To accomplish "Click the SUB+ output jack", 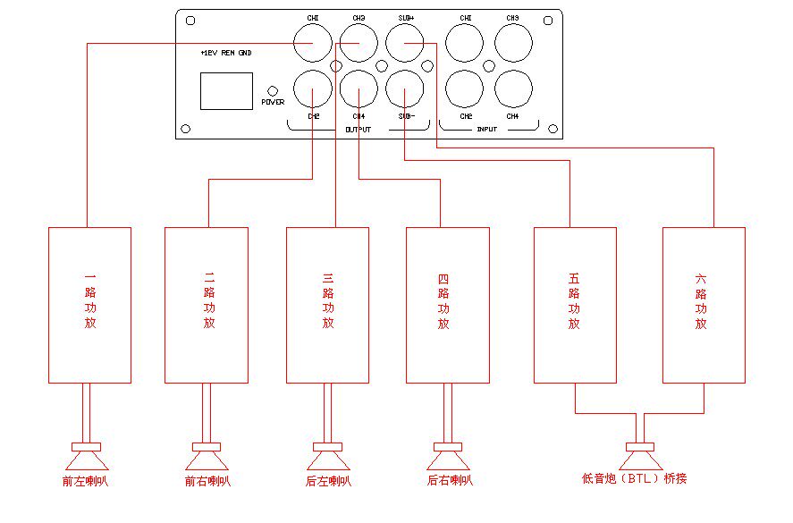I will (404, 43).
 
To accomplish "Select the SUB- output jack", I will (404, 89).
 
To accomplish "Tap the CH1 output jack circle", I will (313, 43).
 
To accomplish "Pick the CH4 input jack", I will (513, 89).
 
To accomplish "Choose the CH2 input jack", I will (465, 89).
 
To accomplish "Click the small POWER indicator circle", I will (273, 90).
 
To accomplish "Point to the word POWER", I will (273, 102).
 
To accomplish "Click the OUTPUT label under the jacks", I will (358, 130).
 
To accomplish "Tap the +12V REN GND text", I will (226, 54).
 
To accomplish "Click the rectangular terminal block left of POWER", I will (226, 90).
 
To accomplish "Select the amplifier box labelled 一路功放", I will (89, 305).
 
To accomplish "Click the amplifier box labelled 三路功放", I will (328, 305).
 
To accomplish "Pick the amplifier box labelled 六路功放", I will (704, 305).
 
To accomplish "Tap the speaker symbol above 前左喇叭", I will (86, 457).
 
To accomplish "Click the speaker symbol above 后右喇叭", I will (450, 457).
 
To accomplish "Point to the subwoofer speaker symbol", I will (639, 457).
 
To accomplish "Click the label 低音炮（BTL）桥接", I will (635, 479).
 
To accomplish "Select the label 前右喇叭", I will (207, 481).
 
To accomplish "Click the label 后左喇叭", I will (328, 481).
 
